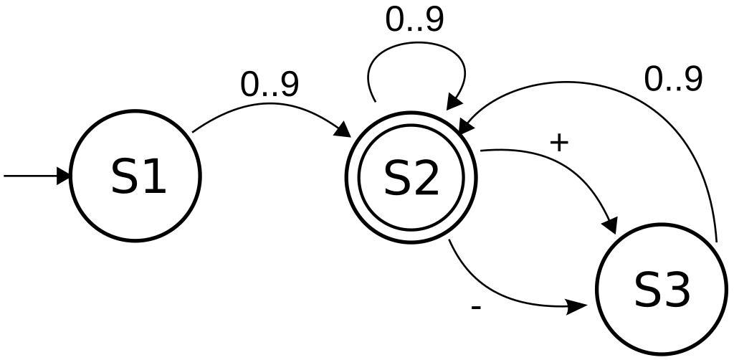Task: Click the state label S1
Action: [x=139, y=176]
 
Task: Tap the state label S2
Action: [x=411, y=179]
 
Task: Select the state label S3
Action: [x=662, y=290]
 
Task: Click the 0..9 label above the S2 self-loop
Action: [x=414, y=20]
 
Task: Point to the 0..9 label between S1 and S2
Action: [x=269, y=85]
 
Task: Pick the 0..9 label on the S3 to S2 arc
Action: [x=673, y=80]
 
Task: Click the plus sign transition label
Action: [x=559, y=143]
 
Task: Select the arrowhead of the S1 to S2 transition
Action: [x=343, y=129]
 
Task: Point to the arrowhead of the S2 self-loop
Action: [x=455, y=103]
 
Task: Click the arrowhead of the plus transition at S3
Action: [x=609, y=224]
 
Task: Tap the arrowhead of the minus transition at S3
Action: [x=577, y=307]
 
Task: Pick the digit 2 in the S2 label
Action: [x=426, y=179]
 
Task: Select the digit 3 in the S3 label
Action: [x=677, y=290]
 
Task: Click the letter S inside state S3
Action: [x=647, y=290]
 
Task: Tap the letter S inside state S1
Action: [x=125, y=176]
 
